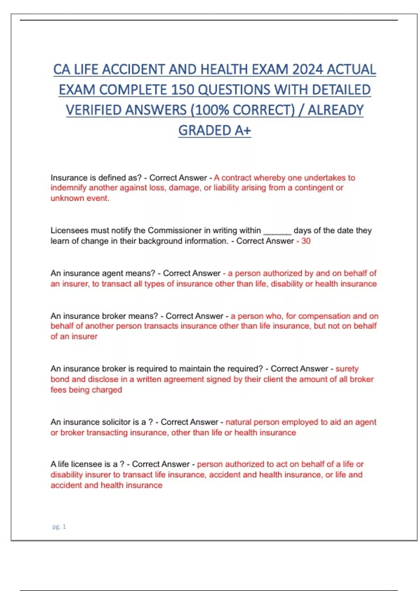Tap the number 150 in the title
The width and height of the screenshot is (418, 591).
(183, 90)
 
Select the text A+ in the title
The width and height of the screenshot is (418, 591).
(243, 131)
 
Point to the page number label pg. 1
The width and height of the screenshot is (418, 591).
(59, 527)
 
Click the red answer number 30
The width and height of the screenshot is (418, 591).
(306, 241)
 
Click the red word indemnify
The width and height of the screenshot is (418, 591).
(68, 188)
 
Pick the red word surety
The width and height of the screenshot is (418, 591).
(347, 369)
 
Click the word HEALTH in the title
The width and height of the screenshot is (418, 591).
(224, 70)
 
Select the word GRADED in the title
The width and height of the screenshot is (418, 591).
(204, 131)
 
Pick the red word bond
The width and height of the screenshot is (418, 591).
(60, 379)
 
